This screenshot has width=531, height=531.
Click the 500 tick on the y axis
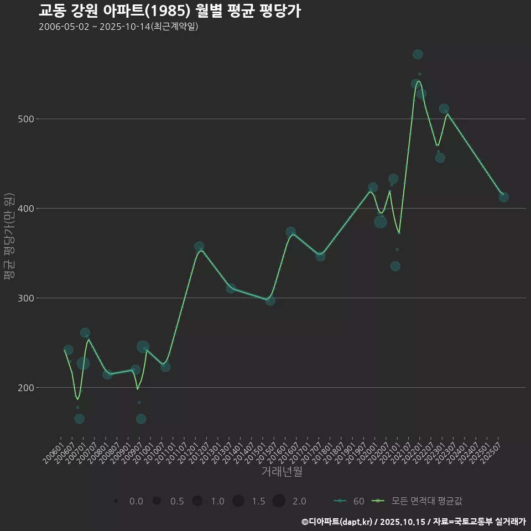tap(27, 119)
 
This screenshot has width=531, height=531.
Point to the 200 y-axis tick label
tap(27, 388)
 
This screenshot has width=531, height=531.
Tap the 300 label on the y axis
tap(27, 298)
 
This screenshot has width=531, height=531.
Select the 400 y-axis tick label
tap(27, 209)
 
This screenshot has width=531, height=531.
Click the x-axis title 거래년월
tap(282, 472)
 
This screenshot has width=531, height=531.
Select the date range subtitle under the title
tap(118, 27)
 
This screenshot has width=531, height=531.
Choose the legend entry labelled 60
tap(348, 501)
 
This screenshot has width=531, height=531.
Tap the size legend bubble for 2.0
tap(279, 501)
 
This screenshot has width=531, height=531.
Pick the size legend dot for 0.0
tap(116, 501)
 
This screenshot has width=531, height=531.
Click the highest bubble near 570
tap(418, 54)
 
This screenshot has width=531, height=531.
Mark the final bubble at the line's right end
tap(503, 197)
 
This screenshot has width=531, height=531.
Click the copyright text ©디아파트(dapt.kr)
tap(337, 522)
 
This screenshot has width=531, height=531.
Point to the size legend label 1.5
tap(258, 501)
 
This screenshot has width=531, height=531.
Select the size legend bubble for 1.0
tap(197, 501)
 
